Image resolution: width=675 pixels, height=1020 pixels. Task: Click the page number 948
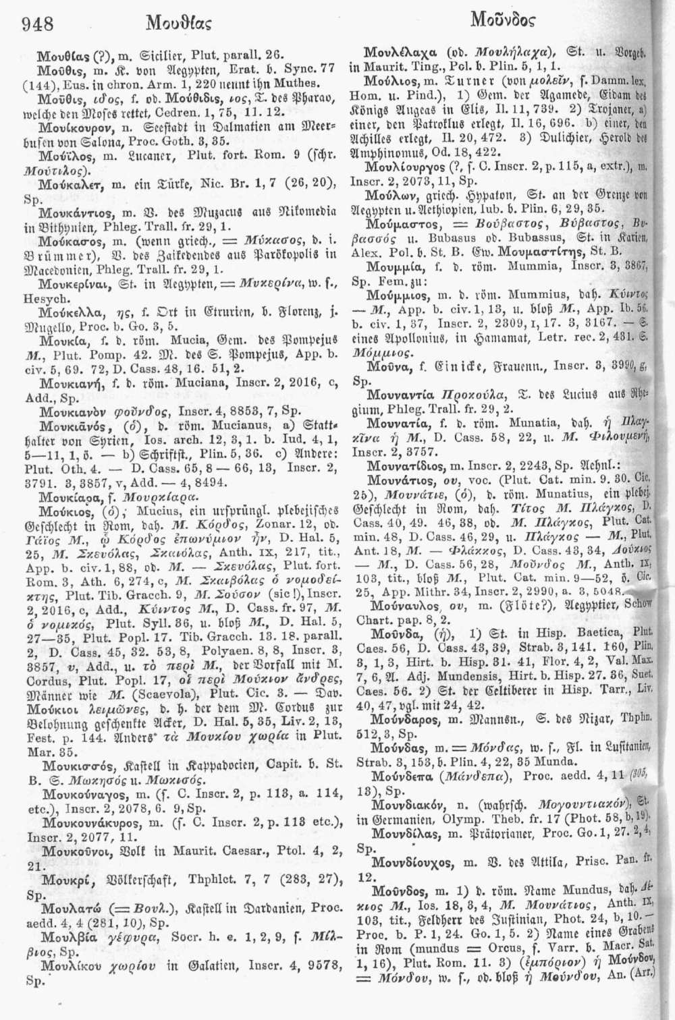tap(38, 26)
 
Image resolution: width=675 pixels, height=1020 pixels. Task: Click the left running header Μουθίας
tap(178, 26)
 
